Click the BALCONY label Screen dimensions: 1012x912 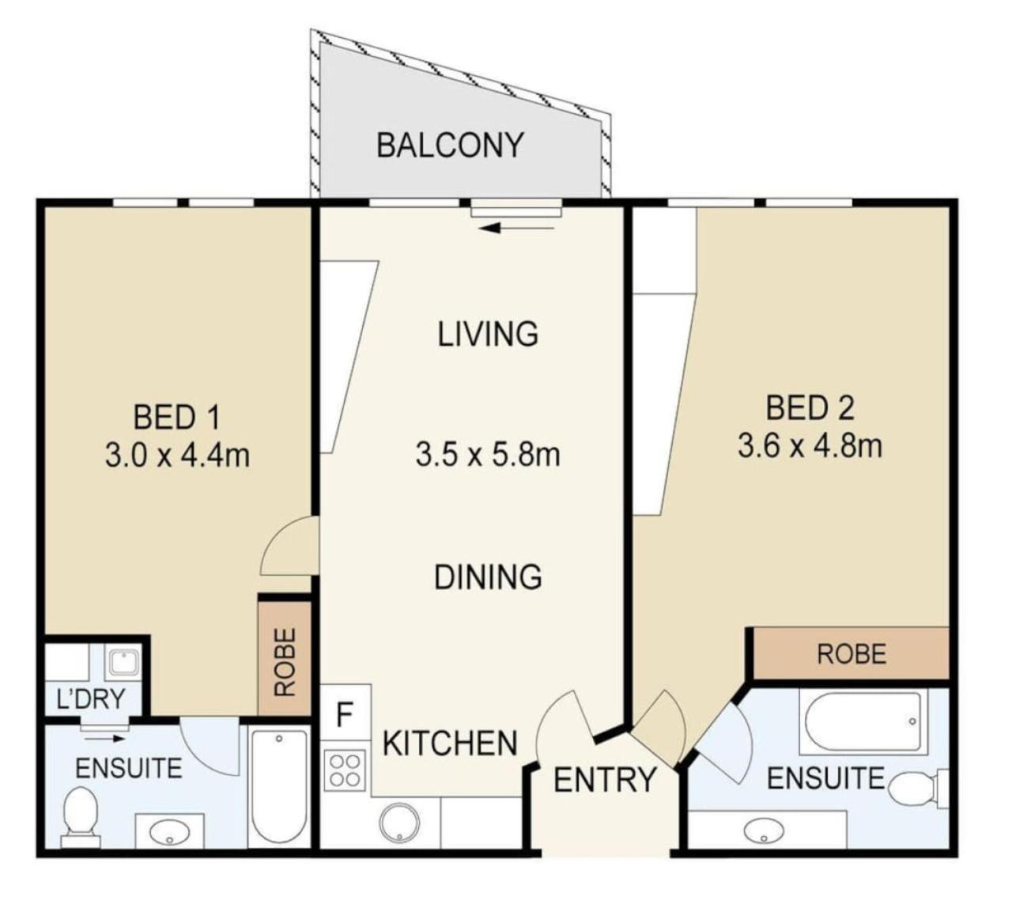(450, 146)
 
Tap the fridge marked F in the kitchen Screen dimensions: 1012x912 (346, 712)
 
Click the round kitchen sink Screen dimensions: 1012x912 (399, 824)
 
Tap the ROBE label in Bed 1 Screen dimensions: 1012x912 (285, 662)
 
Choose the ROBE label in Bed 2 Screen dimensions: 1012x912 (852, 655)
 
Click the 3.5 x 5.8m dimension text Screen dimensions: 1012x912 (488, 454)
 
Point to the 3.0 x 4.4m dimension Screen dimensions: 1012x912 (177, 456)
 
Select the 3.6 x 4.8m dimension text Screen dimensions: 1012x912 (810, 446)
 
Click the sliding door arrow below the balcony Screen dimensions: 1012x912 (516, 229)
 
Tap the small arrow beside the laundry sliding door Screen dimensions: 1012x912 (104, 739)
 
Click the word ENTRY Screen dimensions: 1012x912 (604, 779)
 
